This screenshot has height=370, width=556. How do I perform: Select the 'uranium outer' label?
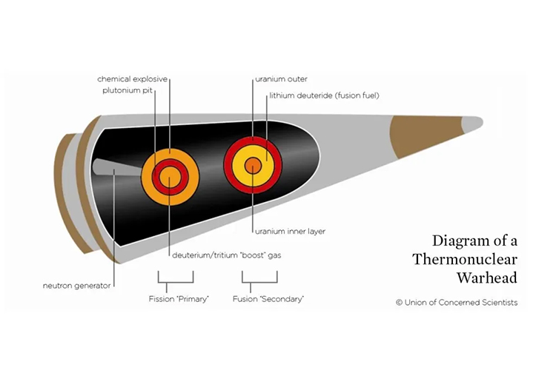[281, 78]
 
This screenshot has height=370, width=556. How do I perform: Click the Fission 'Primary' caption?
[176, 299]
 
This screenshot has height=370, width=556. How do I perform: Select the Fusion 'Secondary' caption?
[259, 299]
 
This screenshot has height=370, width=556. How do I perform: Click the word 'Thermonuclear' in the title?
[465, 259]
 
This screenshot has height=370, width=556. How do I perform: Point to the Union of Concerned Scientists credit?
[457, 302]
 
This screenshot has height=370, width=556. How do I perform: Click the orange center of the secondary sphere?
[253, 166]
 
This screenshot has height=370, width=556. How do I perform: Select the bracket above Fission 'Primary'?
[176, 277]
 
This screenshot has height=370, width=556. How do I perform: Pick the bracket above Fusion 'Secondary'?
[259, 277]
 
